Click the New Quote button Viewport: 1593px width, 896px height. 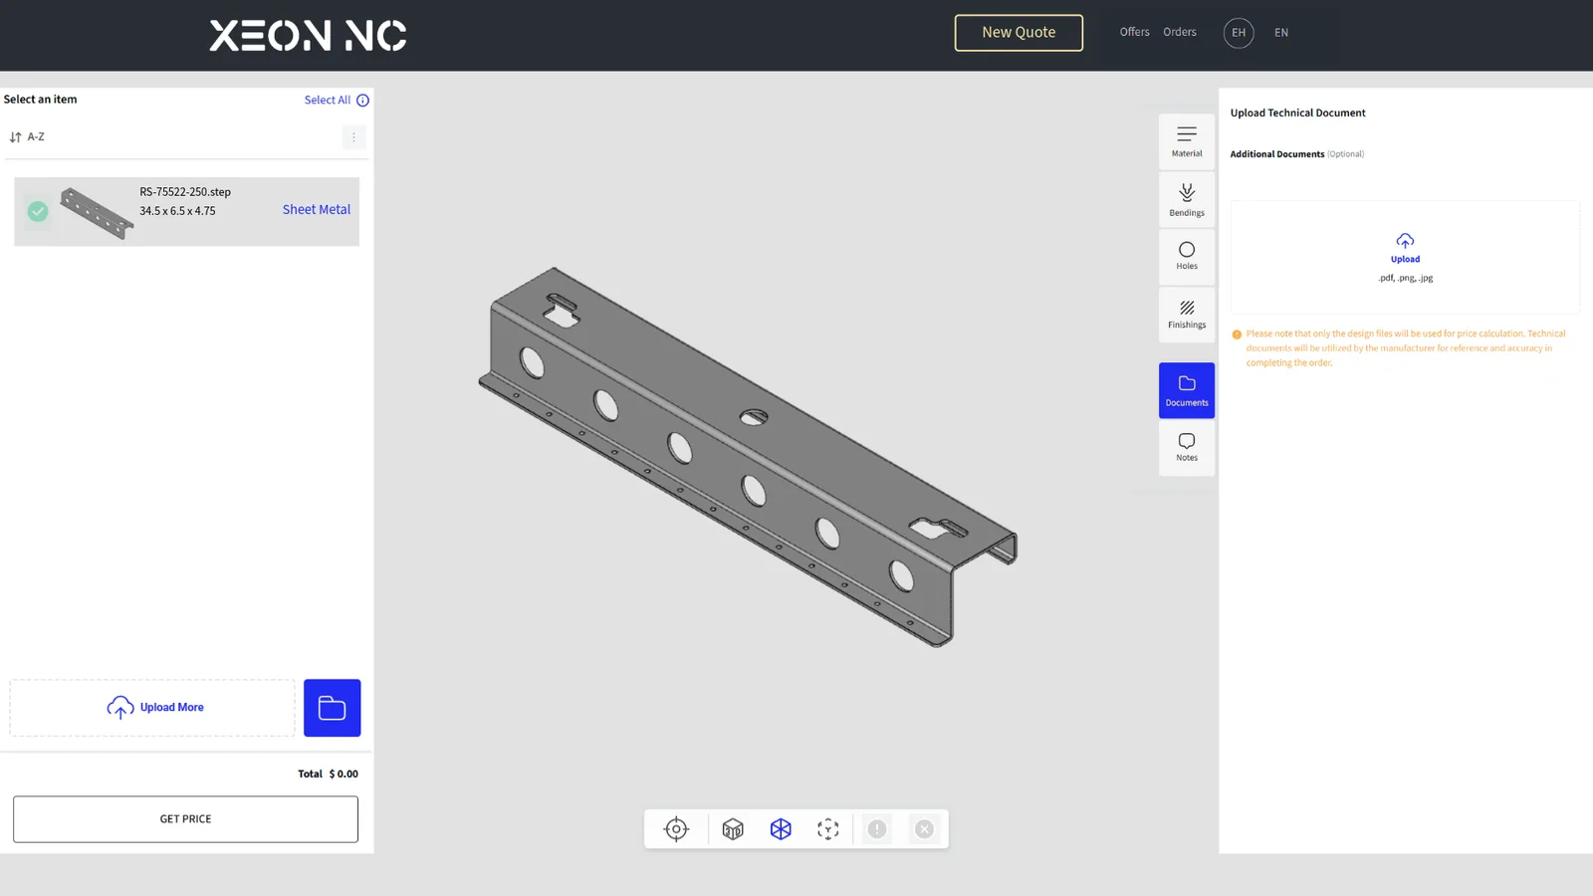click(x=1019, y=33)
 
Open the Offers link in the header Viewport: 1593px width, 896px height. click(x=1134, y=32)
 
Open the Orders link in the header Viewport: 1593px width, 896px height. click(x=1180, y=32)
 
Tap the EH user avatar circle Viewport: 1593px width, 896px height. click(x=1239, y=33)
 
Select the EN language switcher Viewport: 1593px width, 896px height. click(x=1280, y=33)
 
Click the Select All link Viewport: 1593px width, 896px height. click(x=328, y=101)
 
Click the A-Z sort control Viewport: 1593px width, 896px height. click(x=27, y=136)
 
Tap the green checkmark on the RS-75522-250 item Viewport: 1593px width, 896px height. click(x=38, y=211)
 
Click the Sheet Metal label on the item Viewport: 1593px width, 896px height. click(x=317, y=210)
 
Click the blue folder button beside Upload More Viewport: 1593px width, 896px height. click(x=333, y=708)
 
